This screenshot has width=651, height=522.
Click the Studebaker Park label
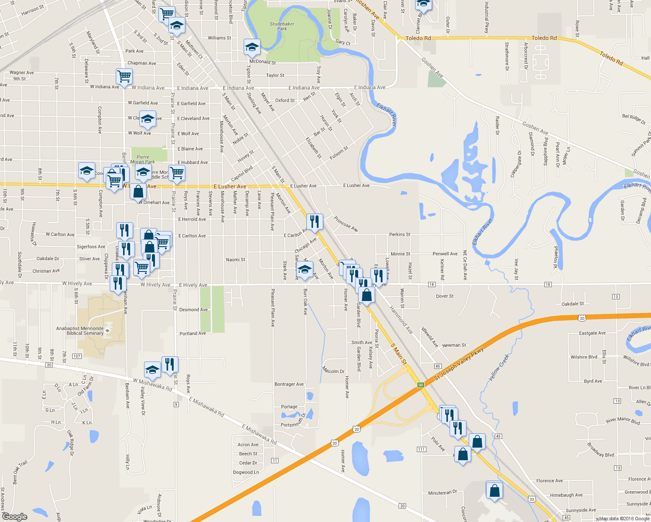point(282,27)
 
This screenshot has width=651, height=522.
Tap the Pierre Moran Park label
point(143,159)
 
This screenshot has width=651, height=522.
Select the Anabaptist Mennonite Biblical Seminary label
point(80,331)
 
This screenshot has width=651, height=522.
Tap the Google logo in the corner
point(14,517)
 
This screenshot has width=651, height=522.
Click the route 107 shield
point(77,356)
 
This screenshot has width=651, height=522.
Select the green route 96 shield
point(420,385)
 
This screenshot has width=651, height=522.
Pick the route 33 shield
point(532,499)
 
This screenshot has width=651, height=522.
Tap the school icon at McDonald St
point(252,47)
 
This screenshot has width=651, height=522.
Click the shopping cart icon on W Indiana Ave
point(124,77)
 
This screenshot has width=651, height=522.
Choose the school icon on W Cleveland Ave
point(148,119)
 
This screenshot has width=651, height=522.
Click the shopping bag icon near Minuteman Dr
point(494,490)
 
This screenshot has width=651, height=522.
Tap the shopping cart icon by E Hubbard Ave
point(177,172)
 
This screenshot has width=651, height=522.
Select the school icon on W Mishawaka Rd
point(152,370)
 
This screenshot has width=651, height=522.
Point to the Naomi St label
point(235,260)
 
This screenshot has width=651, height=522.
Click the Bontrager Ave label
point(289,384)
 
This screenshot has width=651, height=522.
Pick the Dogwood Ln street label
point(246,472)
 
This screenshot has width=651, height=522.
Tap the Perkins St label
point(399,234)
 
